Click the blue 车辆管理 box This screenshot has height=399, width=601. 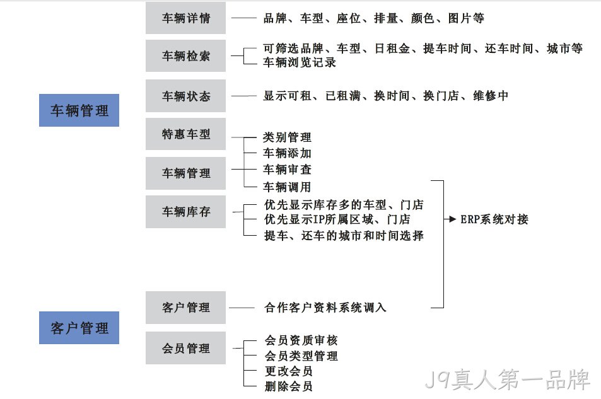79,110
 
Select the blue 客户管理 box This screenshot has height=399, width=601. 79,328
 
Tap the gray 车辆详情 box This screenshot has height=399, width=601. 185,18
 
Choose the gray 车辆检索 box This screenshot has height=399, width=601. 185,56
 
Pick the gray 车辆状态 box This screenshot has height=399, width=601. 185,96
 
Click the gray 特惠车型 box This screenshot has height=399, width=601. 185,134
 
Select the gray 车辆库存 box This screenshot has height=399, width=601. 185,212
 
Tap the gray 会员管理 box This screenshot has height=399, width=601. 185,348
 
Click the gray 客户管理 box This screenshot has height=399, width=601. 185,308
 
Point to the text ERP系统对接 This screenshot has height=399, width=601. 494,219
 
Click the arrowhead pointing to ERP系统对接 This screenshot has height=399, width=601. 452,219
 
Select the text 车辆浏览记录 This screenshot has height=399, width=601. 300,62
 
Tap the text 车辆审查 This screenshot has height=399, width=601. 287,169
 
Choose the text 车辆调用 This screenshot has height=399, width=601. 287,187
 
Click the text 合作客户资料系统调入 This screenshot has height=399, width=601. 325,308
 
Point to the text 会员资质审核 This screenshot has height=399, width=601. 301,340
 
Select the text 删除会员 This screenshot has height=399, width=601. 289,386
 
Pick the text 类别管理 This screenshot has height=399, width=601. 287,137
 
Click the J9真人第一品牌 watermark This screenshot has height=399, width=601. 508,379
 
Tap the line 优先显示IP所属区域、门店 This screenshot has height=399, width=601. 337,219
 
